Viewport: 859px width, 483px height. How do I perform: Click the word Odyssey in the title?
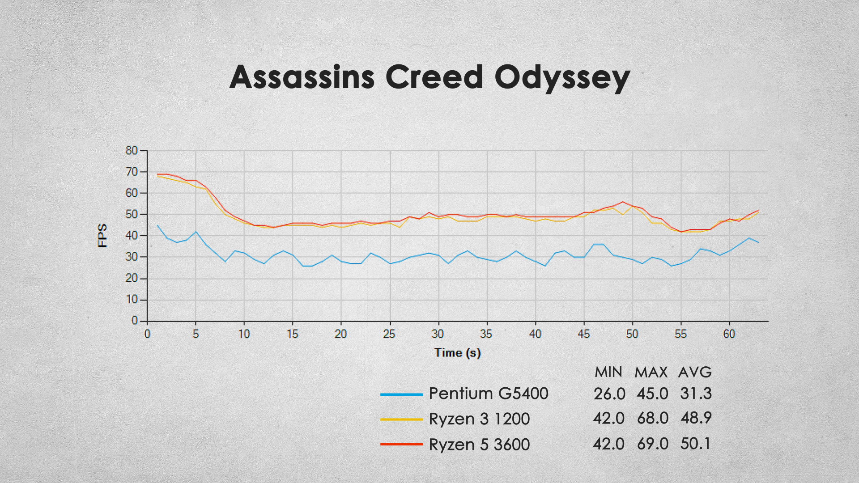pos(562,78)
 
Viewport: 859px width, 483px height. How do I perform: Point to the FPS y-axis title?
pos(102,236)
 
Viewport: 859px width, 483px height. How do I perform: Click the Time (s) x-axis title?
pos(457,353)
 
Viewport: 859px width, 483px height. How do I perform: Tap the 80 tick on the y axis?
pos(132,151)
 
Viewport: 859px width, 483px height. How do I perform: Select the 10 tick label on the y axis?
pos(132,300)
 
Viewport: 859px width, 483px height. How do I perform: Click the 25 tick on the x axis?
pos(389,334)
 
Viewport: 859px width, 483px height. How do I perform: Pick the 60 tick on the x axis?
pos(729,334)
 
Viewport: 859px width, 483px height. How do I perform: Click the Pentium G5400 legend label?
pos(489,394)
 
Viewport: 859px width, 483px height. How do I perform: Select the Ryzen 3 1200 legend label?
pos(479,419)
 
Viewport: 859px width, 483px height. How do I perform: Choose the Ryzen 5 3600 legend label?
pos(479,445)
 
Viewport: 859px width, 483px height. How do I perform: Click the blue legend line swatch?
pos(401,394)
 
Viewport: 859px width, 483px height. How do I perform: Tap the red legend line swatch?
pos(401,444)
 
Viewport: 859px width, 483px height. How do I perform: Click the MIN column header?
pos(608,372)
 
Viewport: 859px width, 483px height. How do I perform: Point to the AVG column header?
pos(695,372)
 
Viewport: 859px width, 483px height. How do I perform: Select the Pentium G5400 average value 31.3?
pos(696,394)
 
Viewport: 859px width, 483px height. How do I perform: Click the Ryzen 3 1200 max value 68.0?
pos(653,419)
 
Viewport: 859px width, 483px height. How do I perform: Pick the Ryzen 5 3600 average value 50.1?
pos(695,444)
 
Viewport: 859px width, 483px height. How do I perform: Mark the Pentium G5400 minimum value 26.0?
pos(609,394)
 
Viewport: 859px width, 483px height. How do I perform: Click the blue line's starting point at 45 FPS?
pos(157,225)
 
